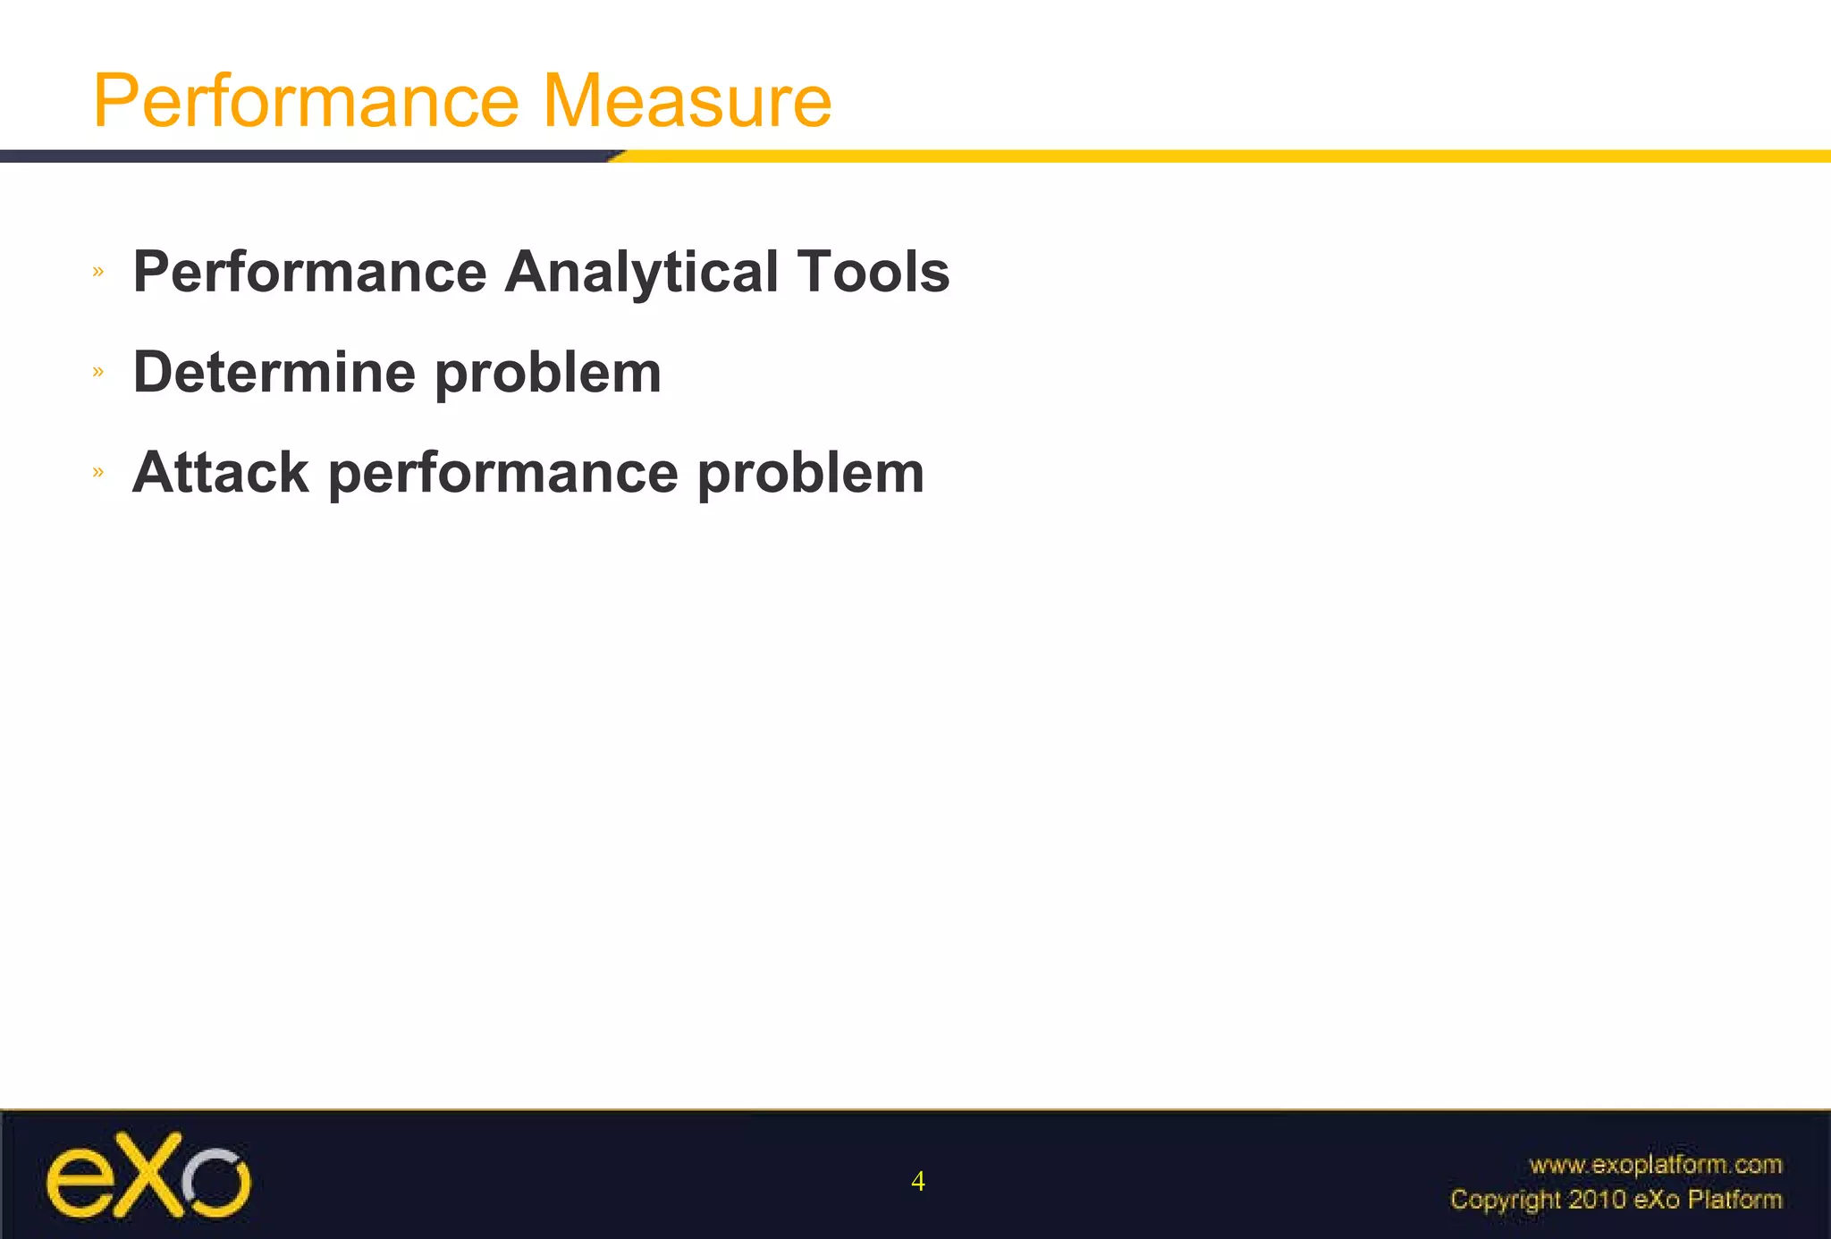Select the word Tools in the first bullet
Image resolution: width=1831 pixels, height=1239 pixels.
873,272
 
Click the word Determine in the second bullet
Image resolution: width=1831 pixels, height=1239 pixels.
274,372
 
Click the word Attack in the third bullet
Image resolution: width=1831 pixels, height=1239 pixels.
220,472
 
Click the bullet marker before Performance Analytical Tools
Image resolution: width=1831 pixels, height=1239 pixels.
98,271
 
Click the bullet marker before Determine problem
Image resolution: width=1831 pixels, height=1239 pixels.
98,371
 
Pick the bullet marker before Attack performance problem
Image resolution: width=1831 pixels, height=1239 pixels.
98,471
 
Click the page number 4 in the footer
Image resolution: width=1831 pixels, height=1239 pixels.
917,1182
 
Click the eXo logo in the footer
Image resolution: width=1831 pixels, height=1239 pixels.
148,1176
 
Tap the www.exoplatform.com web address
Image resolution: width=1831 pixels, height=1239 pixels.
1655,1165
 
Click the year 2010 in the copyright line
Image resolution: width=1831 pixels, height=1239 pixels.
1597,1199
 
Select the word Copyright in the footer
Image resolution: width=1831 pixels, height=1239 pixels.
1505,1200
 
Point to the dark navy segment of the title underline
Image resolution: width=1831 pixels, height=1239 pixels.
304,156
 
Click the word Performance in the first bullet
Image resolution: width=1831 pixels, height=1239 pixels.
309,272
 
